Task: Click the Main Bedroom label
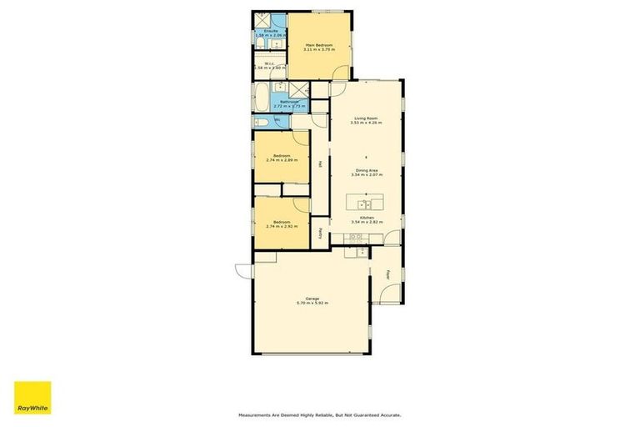pyautogui.click(x=319, y=44)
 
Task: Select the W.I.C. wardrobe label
pyautogui.click(x=269, y=63)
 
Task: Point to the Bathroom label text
pyautogui.click(x=288, y=103)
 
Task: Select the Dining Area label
pyautogui.click(x=366, y=170)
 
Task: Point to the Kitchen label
pyautogui.click(x=366, y=218)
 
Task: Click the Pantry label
pyautogui.click(x=321, y=234)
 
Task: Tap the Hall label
pyautogui.click(x=321, y=164)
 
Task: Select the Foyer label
pyautogui.click(x=388, y=275)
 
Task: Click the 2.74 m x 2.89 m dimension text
pyautogui.click(x=282, y=159)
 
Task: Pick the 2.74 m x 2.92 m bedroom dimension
pyautogui.click(x=282, y=226)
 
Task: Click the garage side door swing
pyautogui.click(x=243, y=270)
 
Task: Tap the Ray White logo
pyautogui.click(x=32, y=399)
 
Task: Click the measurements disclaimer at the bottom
pyautogui.click(x=319, y=414)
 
